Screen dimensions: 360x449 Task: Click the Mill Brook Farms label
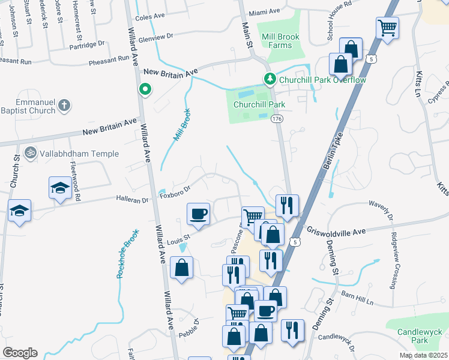[281, 41]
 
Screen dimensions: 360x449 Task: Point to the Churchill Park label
[259, 104]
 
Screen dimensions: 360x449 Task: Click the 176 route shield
[277, 119]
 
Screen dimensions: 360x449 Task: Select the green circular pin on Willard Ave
[145, 90]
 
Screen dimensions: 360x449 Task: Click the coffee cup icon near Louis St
[198, 214]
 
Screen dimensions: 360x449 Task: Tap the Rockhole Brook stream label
[127, 255]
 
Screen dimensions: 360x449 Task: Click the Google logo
[20, 353]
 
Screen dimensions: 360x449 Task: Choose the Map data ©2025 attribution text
[423, 355]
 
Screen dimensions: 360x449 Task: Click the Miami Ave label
[265, 11]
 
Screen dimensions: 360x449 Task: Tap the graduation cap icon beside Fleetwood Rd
[60, 188]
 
